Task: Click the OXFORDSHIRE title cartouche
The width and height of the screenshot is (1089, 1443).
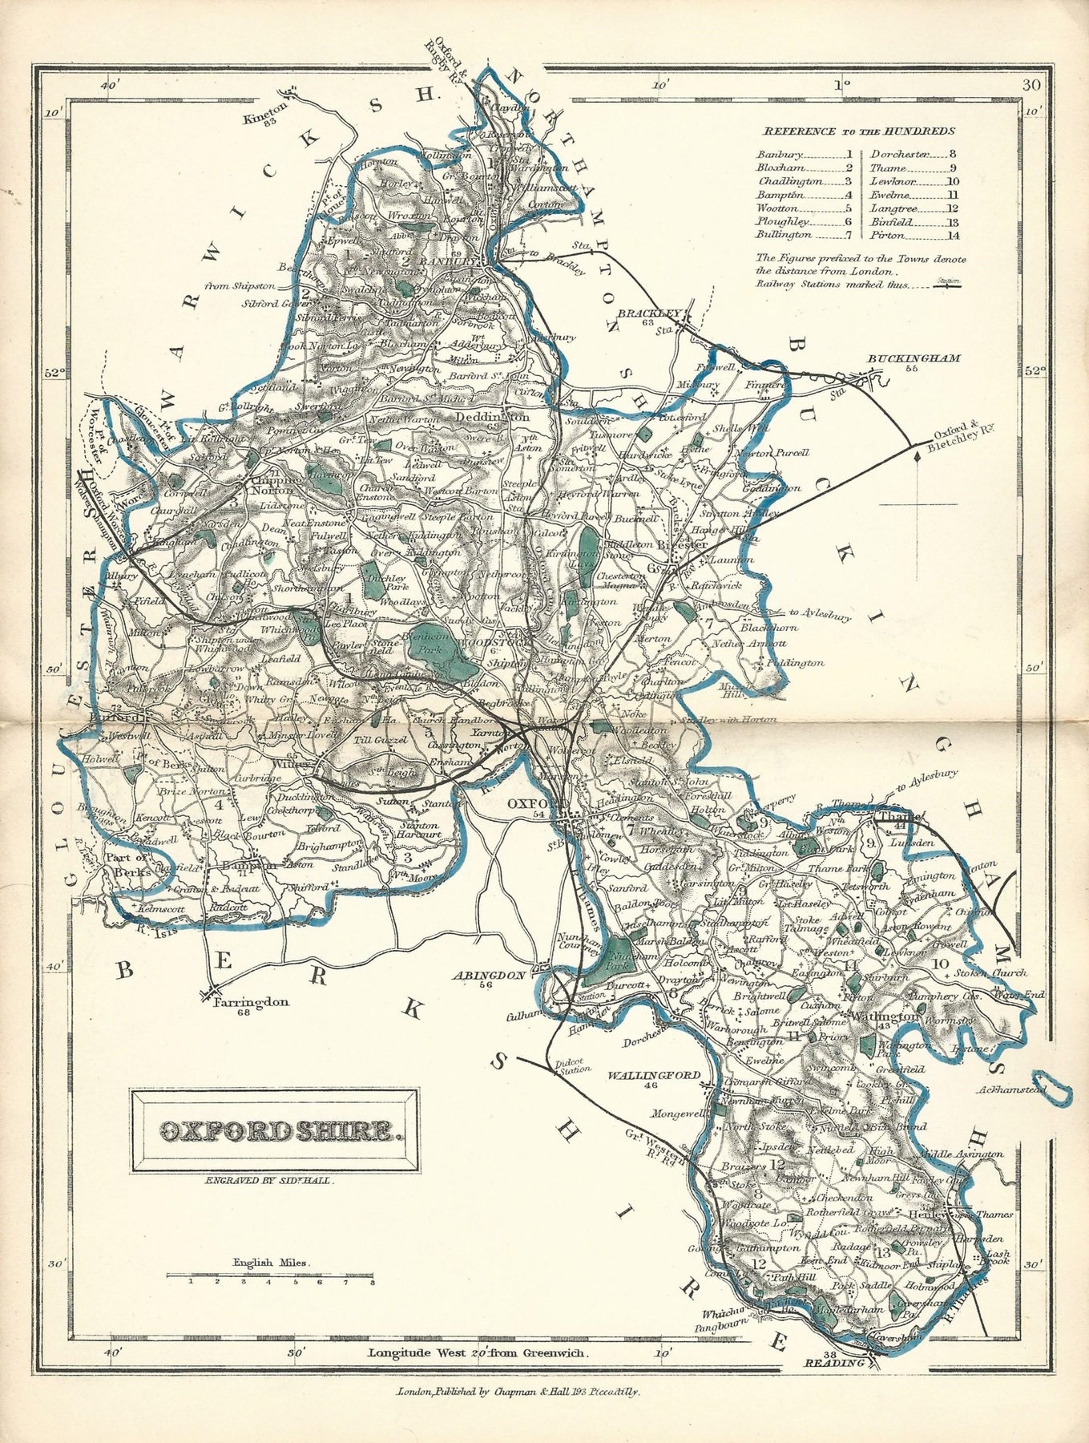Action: pyautogui.click(x=274, y=1132)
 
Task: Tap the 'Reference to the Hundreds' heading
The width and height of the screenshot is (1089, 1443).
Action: pyautogui.click(x=857, y=131)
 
